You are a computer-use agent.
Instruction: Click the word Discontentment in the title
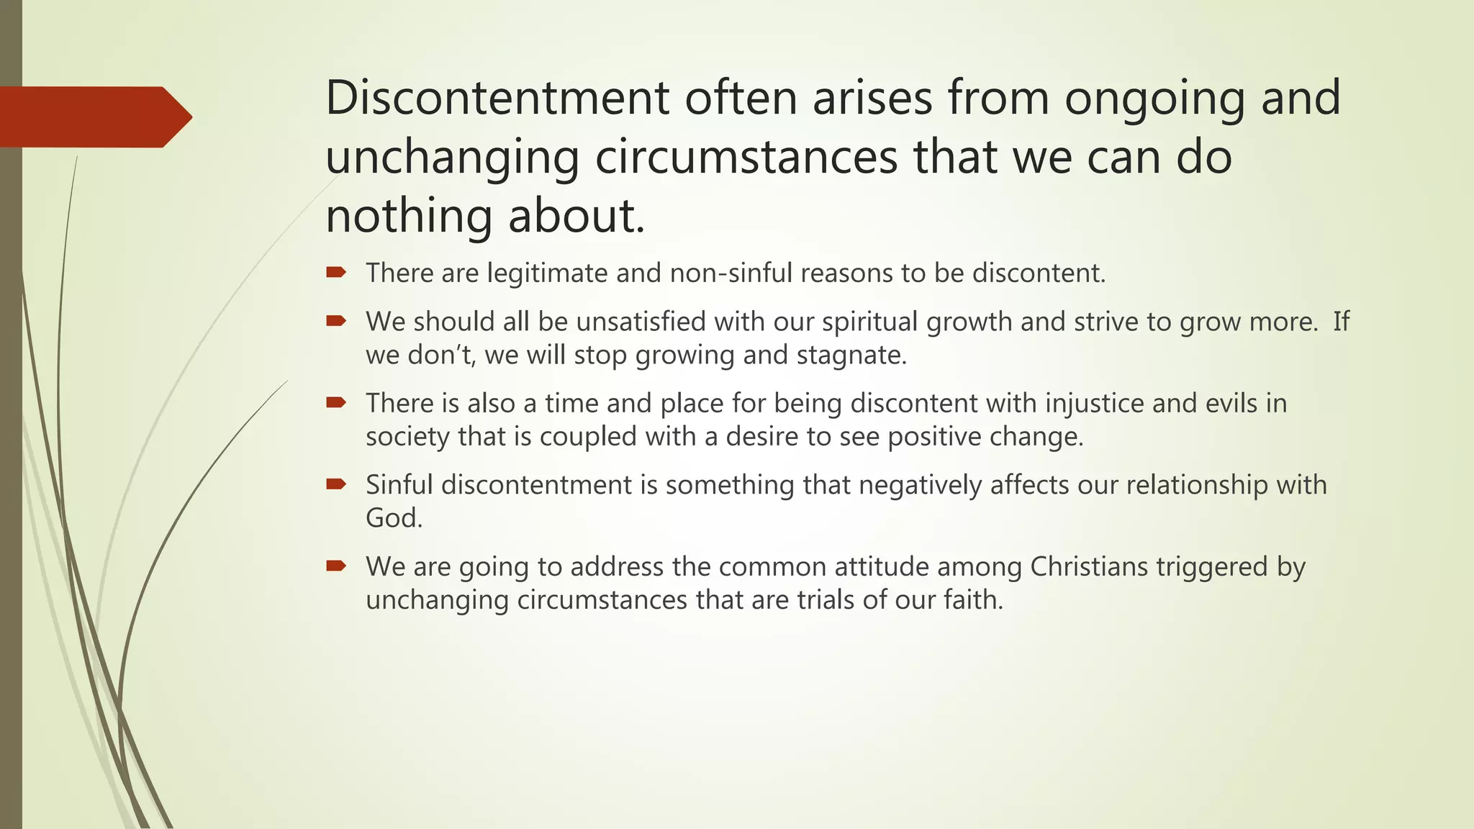click(x=497, y=98)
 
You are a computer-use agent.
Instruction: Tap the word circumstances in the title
click(x=746, y=157)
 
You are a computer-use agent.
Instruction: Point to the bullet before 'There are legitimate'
click(x=336, y=273)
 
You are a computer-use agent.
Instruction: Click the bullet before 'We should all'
click(x=336, y=321)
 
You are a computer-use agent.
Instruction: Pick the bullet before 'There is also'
click(x=336, y=403)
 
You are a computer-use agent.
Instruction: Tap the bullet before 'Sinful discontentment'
click(x=336, y=484)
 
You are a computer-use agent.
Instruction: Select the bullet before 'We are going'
click(x=336, y=566)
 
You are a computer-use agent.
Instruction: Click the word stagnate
click(x=851, y=355)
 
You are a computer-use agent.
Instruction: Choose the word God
click(x=393, y=518)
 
